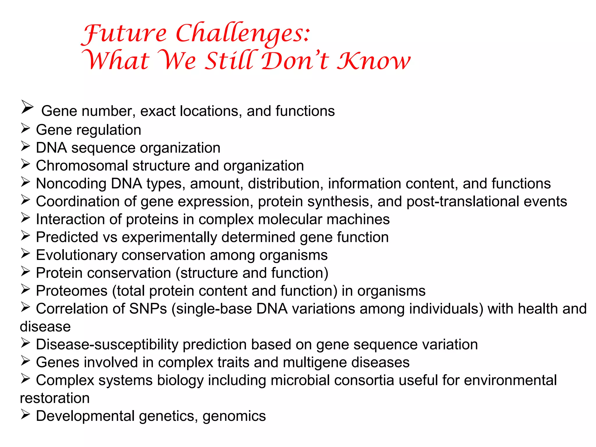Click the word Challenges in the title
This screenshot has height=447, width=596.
pos(243,34)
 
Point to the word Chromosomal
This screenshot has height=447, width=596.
pos(82,166)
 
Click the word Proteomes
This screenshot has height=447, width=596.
pos(72,291)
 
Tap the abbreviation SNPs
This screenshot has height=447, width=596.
pos(148,309)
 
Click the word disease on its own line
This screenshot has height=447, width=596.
pos(45,327)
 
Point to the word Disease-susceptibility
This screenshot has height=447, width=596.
pos(107,345)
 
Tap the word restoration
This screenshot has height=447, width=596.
pos(54,398)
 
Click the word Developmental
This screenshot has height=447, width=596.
pos(85,416)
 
